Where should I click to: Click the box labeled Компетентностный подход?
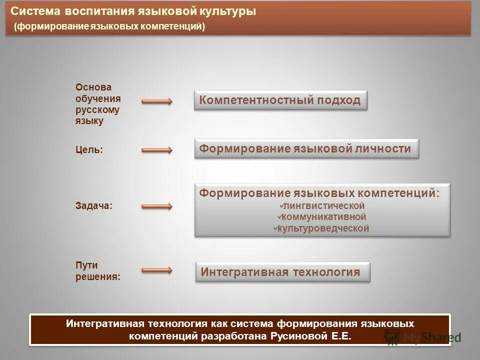point(280,100)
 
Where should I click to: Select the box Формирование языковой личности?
point(305,148)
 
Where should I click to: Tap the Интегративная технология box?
point(282,272)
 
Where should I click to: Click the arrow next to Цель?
point(157,149)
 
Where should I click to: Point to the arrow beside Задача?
point(157,206)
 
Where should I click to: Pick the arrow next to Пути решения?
point(157,270)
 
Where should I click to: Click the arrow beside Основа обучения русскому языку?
point(157,101)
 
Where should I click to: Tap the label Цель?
point(89,149)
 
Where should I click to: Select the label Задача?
point(93,205)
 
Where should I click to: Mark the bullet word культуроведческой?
point(323,228)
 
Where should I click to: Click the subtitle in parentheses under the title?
point(109,26)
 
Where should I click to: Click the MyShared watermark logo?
point(422,337)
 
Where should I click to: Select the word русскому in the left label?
point(97,109)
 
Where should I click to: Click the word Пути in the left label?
point(86,265)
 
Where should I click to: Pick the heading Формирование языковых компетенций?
point(319,193)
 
